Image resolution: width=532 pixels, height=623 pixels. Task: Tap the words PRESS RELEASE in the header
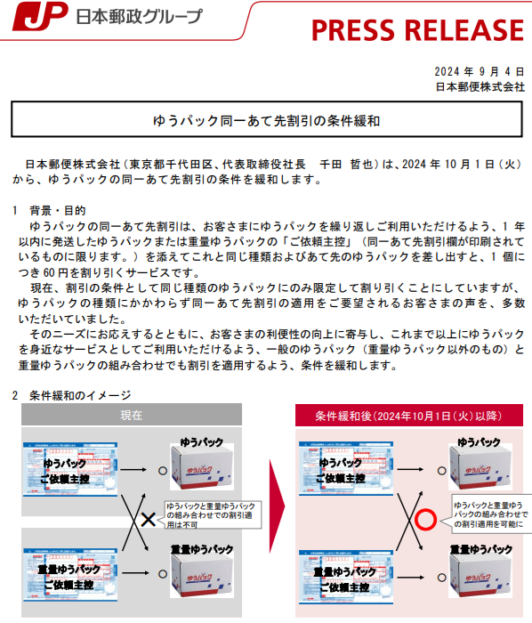coord(417,29)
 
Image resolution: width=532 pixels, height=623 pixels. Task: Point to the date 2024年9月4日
coord(480,71)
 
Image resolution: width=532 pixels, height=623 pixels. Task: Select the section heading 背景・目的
coord(58,211)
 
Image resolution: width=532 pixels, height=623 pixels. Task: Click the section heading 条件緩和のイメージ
coord(77,394)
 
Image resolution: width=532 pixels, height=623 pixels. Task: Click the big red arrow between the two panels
coord(278,512)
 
